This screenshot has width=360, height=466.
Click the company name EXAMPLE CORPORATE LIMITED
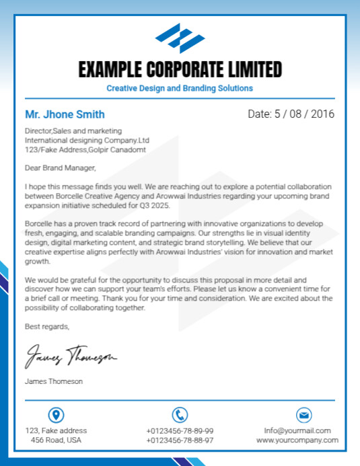coord(180,69)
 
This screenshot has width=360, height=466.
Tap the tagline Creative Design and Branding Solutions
coord(180,88)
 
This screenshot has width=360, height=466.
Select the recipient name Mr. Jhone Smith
coord(65,114)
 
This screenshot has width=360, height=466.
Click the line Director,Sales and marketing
coord(73,130)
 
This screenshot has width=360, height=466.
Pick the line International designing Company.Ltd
coord(87,140)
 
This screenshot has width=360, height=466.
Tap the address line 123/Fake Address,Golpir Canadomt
coord(85,149)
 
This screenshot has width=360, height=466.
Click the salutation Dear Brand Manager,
coord(61,167)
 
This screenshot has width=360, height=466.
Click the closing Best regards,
coord(47,327)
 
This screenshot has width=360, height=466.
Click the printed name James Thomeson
coord(54,381)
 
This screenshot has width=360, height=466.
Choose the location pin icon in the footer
coord(56,415)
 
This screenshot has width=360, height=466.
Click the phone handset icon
coord(180,415)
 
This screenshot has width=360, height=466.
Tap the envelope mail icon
coord(303,415)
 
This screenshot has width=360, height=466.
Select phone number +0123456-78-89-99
coord(180,430)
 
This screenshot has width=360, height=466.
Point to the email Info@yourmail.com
coord(297,430)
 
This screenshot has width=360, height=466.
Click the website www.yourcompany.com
coord(297,440)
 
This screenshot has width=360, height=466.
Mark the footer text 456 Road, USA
coord(56,440)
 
